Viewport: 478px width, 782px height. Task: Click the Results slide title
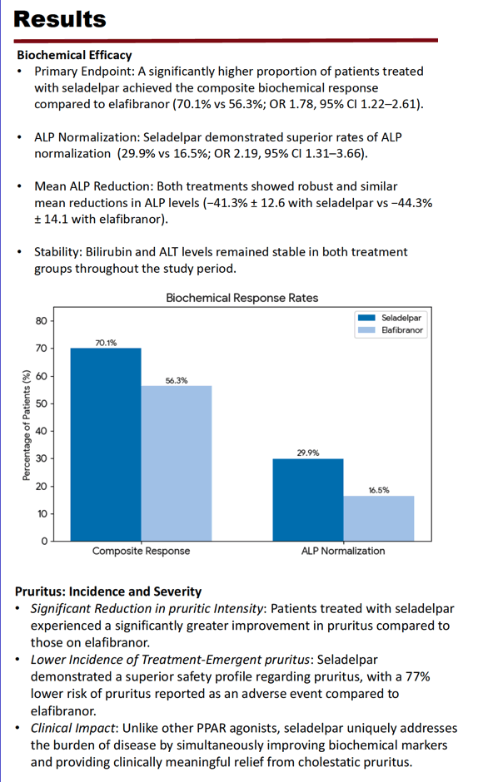tap(60, 19)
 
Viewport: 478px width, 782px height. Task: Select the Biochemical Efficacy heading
tap(74, 55)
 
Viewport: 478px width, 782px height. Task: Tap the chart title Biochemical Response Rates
tap(241, 298)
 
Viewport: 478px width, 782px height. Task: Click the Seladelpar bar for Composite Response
tap(106, 444)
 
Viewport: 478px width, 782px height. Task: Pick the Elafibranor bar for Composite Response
tap(177, 463)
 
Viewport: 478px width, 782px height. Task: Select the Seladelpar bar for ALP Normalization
tap(307, 500)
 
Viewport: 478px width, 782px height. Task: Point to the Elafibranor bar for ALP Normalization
tap(379, 518)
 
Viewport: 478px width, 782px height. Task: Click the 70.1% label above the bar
tap(106, 343)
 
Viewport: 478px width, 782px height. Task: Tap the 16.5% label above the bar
tap(379, 490)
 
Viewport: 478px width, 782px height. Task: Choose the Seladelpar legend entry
tap(390, 318)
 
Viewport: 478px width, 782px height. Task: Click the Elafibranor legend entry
tap(391, 329)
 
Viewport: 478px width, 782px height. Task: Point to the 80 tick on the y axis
tap(42, 320)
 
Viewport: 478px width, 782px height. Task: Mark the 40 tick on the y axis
tap(42, 431)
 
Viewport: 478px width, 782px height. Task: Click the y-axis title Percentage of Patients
tap(27, 425)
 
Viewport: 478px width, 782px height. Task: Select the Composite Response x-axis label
tap(141, 551)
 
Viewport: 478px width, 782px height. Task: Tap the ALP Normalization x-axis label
tap(343, 551)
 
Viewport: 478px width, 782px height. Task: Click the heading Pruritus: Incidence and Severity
tap(108, 591)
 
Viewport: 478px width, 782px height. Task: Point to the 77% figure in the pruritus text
tap(418, 677)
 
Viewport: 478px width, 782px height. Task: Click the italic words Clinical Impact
tap(73, 728)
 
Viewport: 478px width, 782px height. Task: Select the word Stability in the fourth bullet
tap(57, 252)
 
